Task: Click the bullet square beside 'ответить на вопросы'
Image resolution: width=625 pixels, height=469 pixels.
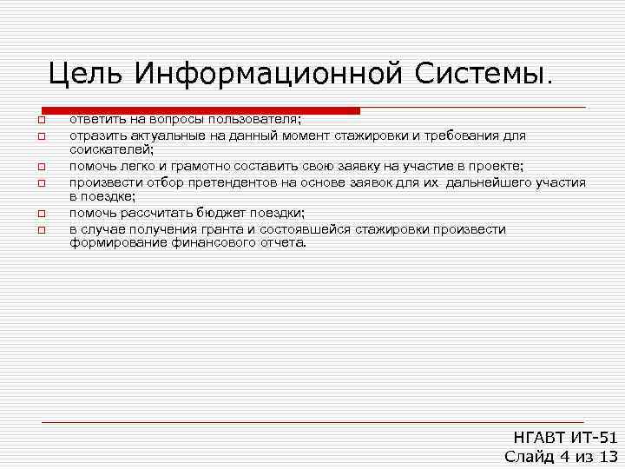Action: (40, 121)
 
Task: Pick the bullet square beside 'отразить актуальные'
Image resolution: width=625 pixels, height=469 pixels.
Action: (40, 136)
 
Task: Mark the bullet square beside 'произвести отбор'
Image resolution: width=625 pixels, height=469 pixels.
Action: (40, 182)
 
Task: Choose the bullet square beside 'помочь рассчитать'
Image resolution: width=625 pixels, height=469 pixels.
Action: (40, 214)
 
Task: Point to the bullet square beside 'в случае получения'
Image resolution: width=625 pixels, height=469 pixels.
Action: (40, 229)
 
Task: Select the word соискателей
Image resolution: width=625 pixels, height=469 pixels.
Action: (111, 150)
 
